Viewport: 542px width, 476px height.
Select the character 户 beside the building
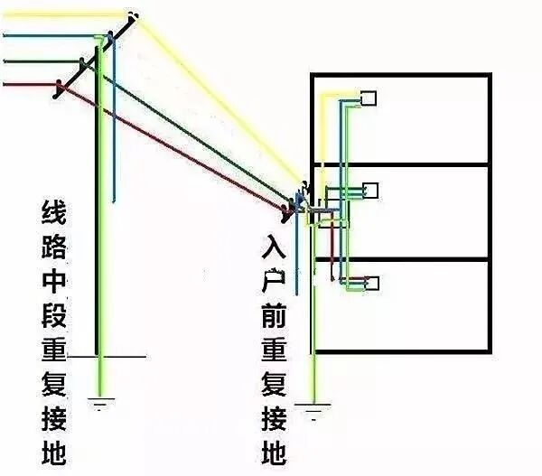[x=276, y=281]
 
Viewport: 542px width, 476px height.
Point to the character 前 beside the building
[x=276, y=315]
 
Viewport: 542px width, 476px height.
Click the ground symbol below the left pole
[x=103, y=398]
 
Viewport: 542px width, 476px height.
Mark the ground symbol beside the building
[x=313, y=414]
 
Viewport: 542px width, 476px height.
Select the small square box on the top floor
[x=369, y=98]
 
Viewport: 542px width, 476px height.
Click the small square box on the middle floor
[x=369, y=190]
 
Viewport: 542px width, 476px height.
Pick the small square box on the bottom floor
[x=370, y=283]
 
